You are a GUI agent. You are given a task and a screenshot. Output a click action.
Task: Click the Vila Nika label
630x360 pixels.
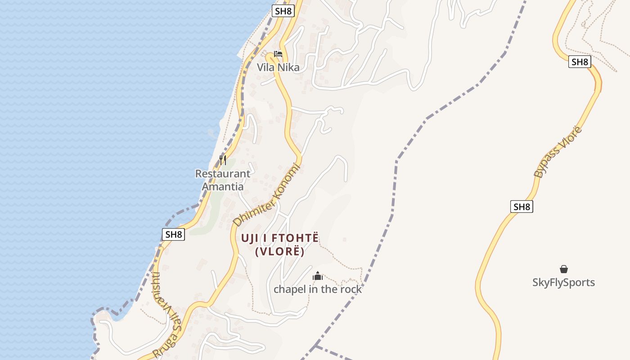coord(278,67)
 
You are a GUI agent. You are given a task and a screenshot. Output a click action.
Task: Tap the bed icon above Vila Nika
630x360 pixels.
coord(278,54)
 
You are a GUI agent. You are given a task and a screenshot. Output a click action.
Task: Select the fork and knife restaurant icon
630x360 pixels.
coord(222,160)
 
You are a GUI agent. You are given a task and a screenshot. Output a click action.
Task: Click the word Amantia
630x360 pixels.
coord(223,186)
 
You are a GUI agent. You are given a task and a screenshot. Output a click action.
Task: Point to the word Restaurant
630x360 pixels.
coord(223,174)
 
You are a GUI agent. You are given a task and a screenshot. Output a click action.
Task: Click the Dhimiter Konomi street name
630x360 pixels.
coord(266,194)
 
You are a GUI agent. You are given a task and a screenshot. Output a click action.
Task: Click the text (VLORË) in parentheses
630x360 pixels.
coord(280,252)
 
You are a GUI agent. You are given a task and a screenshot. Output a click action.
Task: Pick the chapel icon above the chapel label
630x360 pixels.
coord(318,276)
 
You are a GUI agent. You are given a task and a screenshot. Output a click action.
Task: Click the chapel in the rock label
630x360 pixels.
coord(318,289)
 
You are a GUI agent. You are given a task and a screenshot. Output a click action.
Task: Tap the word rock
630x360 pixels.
coord(350,289)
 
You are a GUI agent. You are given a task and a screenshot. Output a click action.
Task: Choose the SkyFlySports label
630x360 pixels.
coord(563,283)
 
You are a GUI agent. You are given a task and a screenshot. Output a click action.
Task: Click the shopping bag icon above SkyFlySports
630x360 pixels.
coord(563,269)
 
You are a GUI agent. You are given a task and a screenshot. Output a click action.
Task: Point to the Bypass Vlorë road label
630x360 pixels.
coord(558,152)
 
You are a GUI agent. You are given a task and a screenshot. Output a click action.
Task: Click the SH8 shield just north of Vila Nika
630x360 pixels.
coord(283,11)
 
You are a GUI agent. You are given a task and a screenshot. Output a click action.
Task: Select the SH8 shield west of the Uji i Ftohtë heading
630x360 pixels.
coord(173,234)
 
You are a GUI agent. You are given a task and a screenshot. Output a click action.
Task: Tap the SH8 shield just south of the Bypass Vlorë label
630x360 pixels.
coord(522,207)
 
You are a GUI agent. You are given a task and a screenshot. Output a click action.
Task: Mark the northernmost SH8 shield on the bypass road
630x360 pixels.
coord(579,62)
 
